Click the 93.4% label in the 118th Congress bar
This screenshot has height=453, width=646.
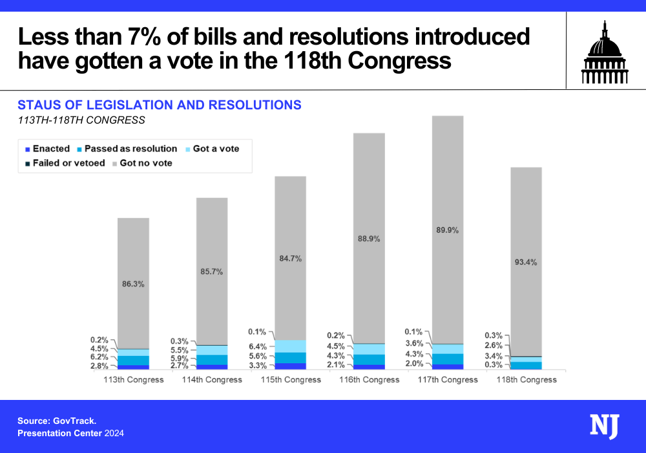point(526,262)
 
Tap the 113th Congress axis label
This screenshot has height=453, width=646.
point(134,380)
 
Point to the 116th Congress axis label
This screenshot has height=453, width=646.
point(370,380)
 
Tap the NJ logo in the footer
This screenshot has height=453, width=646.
point(604,426)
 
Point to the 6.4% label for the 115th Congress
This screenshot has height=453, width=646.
point(256,346)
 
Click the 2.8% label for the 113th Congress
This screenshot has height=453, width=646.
point(99,366)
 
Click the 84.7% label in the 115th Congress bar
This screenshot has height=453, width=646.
point(291,258)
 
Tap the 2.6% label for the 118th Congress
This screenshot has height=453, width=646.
point(494,346)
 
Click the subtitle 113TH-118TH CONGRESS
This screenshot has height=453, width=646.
point(81,120)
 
